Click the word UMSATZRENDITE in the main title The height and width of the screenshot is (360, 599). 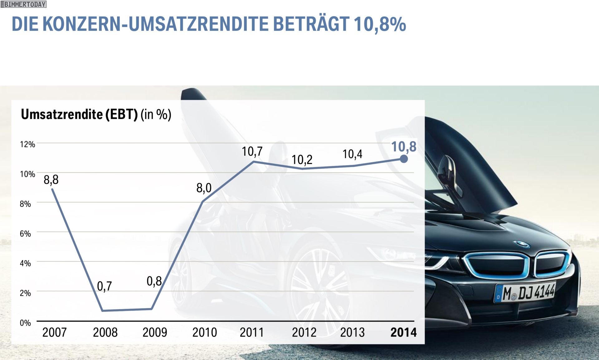[x=198, y=24]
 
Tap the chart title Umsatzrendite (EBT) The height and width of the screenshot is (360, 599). [x=79, y=115]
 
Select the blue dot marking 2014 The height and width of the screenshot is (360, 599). [x=404, y=159]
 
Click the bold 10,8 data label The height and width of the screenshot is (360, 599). [x=404, y=147]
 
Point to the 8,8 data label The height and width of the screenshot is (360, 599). [x=51, y=180]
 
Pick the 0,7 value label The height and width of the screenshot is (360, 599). [x=105, y=286]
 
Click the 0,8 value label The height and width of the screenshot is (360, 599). [x=154, y=281]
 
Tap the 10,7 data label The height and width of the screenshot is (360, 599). [x=252, y=152]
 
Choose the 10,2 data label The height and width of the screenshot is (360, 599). [x=302, y=160]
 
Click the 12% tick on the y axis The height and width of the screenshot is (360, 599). [x=27, y=144]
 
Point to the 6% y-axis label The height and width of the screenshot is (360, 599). [x=25, y=234]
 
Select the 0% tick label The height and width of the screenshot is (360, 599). [x=25, y=323]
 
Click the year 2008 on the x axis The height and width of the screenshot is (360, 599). [x=105, y=333]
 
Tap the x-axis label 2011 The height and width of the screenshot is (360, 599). [x=251, y=333]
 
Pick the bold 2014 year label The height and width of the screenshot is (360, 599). [x=403, y=333]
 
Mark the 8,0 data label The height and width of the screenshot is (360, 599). [x=204, y=188]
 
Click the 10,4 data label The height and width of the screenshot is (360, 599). [x=352, y=154]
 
